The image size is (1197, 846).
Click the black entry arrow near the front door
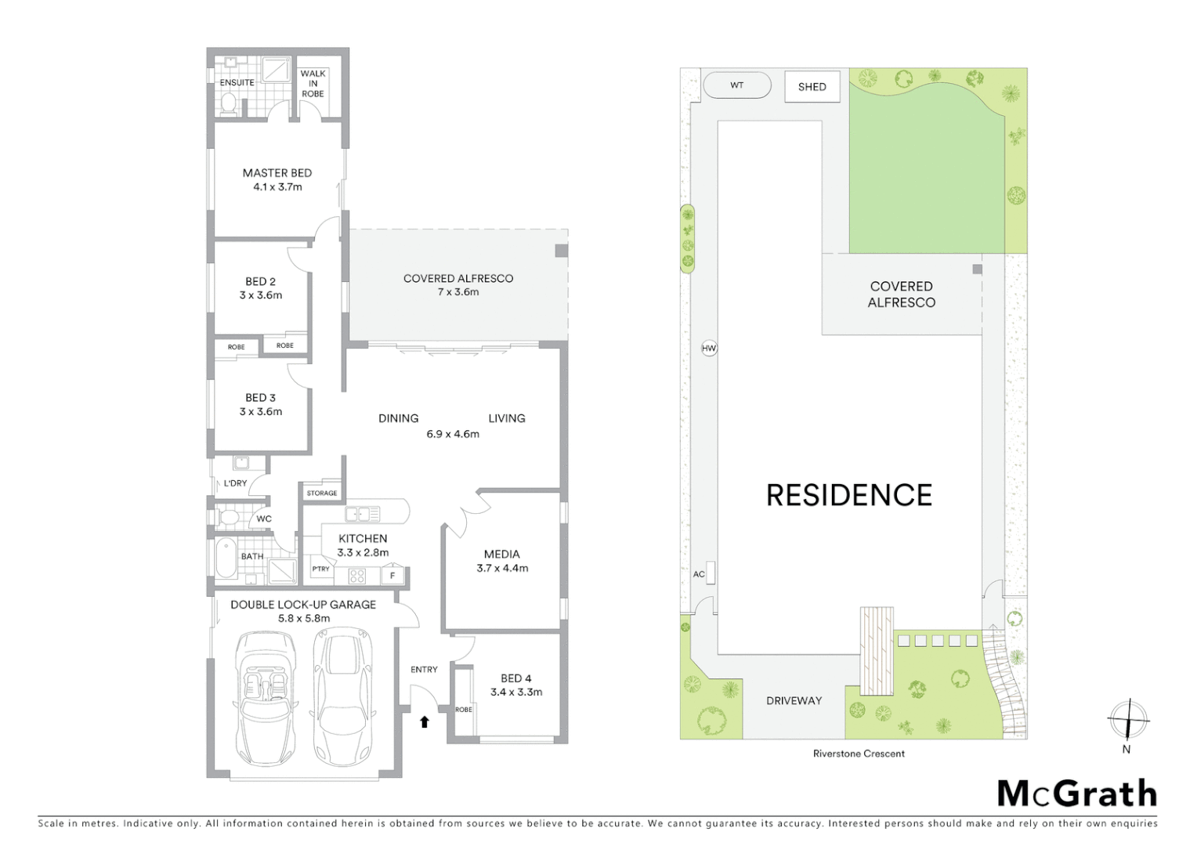[x=425, y=721]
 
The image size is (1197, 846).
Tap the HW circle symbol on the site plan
[x=709, y=348]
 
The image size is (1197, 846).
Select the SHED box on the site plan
[x=812, y=87]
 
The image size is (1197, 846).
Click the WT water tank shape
[x=737, y=85]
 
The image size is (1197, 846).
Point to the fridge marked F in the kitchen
[x=392, y=576]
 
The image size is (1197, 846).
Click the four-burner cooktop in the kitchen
[x=357, y=576]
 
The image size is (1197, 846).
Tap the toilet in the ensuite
[x=229, y=103]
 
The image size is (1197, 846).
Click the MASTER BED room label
[x=277, y=173]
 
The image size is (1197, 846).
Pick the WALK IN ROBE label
[x=313, y=84]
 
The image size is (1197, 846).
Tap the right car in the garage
[x=342, y=694]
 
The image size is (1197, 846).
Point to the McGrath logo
[x=1076, y=794]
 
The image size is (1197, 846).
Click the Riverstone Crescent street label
[x=859, y=754]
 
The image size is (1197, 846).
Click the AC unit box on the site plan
[x=711, y=573]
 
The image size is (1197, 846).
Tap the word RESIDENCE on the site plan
[x=849, y=495]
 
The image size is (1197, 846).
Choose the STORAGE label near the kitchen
[x=322, y=493]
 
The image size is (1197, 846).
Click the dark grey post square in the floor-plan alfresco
[x=561, y=251]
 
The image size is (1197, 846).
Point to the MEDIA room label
[x=502, y=554]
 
